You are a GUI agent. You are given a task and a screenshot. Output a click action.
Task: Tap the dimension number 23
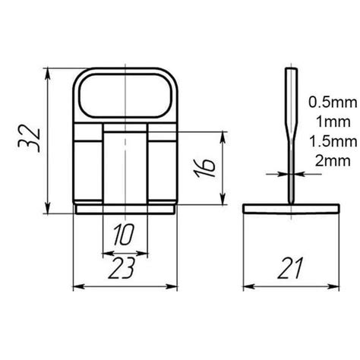coord(125,268)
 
